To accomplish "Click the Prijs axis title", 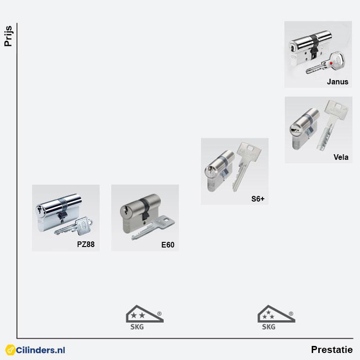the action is pos(8,36).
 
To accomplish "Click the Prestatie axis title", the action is pos(332,350).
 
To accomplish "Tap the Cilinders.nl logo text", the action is pos(40,350).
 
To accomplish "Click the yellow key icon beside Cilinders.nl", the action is pos(10,350).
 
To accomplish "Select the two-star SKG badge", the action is pos(145,317).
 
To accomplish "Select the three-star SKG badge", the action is pos(276,317).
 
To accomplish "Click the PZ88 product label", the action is pos(86,244).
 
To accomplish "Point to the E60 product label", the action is pos(168,245).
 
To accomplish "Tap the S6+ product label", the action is pos(258,199).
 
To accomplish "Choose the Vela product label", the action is pos(341,157).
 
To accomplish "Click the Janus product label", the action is pos(337,82).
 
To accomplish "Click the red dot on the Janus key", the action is pos(331,63).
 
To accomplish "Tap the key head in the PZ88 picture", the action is pos(84,226).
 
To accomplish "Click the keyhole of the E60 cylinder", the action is pos(126,210).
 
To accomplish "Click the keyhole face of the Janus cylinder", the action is pos(292,48).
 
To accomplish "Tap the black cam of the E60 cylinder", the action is pos(145,210).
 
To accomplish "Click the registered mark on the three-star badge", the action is pos(291,314).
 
